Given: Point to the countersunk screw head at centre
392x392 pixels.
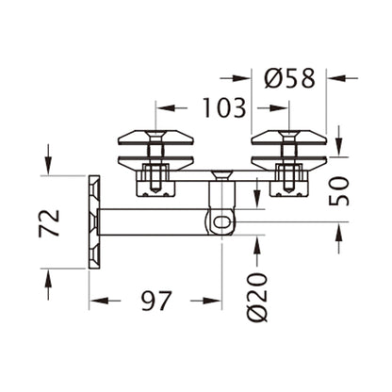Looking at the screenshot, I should click(220, 172).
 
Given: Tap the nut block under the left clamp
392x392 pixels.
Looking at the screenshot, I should click(155, 180).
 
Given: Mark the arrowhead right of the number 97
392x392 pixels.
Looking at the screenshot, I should click(210, 302).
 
